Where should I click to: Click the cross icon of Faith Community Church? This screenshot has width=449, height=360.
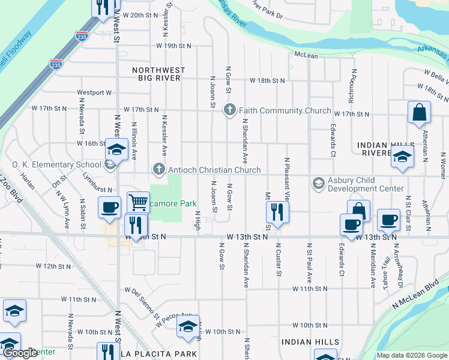coord(229,110)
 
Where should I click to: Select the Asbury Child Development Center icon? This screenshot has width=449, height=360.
coord(318,182)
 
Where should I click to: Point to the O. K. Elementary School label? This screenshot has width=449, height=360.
coord(57,164)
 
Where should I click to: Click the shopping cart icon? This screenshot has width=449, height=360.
coord(138,202)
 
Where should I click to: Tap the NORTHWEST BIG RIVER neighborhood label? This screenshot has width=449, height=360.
coord(157,74)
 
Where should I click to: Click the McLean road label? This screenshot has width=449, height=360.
coord(306,55)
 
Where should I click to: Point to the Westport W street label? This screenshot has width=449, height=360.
coord(94,93)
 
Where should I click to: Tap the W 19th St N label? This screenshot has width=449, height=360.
coord(173,46)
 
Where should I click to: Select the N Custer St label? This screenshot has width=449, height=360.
coord(279,259)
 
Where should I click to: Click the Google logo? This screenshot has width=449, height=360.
coord(20,353)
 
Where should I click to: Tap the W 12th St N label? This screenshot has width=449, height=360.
coord(53,265)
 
